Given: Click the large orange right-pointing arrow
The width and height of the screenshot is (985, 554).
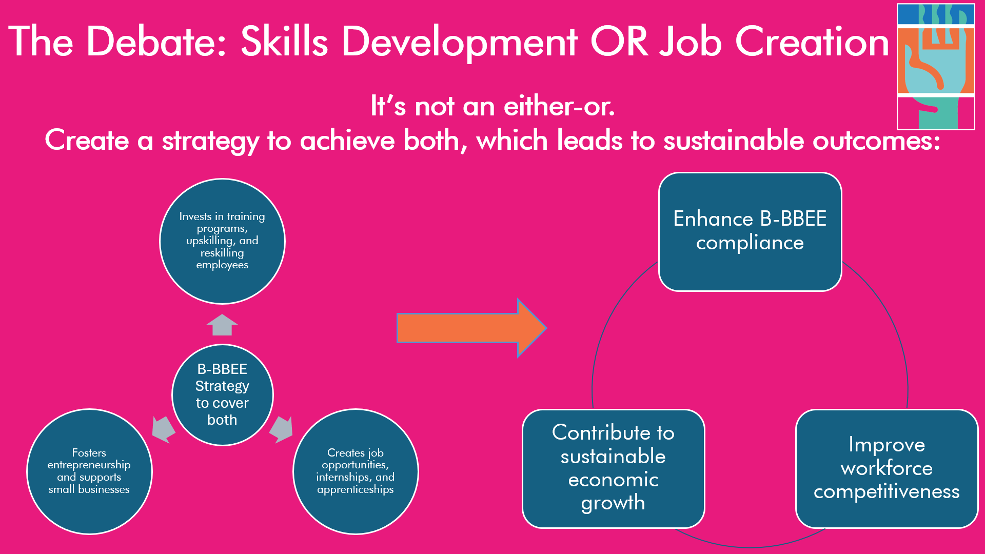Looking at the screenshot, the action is (x=471, y=328).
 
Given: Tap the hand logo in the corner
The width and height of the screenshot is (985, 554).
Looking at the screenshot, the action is (x=936, y=67).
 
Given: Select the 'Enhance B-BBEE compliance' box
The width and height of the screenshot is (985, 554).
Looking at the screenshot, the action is (x=750, y=232).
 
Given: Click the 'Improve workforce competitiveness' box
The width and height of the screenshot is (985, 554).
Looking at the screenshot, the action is (x=887, y=468).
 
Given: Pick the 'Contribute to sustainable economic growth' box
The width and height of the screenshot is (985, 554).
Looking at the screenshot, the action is (x=614, y=468).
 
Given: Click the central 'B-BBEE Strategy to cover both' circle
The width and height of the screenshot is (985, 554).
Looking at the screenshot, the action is (x=222, y=395).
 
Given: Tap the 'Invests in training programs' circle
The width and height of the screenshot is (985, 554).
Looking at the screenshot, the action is (x=222, y=241).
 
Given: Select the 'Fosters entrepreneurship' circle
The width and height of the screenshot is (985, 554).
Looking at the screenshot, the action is (x=89, y=471).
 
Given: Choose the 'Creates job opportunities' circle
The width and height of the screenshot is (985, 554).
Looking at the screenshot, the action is (x=356, y=471).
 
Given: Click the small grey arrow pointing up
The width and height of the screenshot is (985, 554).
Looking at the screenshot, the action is (x=222, y=325).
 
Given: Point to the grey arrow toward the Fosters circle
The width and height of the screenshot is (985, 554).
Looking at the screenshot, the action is (x=164, y=429).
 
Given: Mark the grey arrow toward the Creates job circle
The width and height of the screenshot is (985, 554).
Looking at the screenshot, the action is (x=281, y=429).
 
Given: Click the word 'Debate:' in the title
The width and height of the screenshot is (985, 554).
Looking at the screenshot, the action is (x=157, y=42).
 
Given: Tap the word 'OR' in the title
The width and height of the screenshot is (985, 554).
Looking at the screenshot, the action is (x=620, y=42).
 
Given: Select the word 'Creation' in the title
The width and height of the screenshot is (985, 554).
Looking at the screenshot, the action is (x=812, y=42).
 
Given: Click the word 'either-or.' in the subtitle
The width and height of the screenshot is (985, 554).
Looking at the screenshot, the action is (x=559, y=107).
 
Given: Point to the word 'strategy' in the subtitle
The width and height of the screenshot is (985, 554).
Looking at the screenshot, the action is (x=210, y=141).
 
